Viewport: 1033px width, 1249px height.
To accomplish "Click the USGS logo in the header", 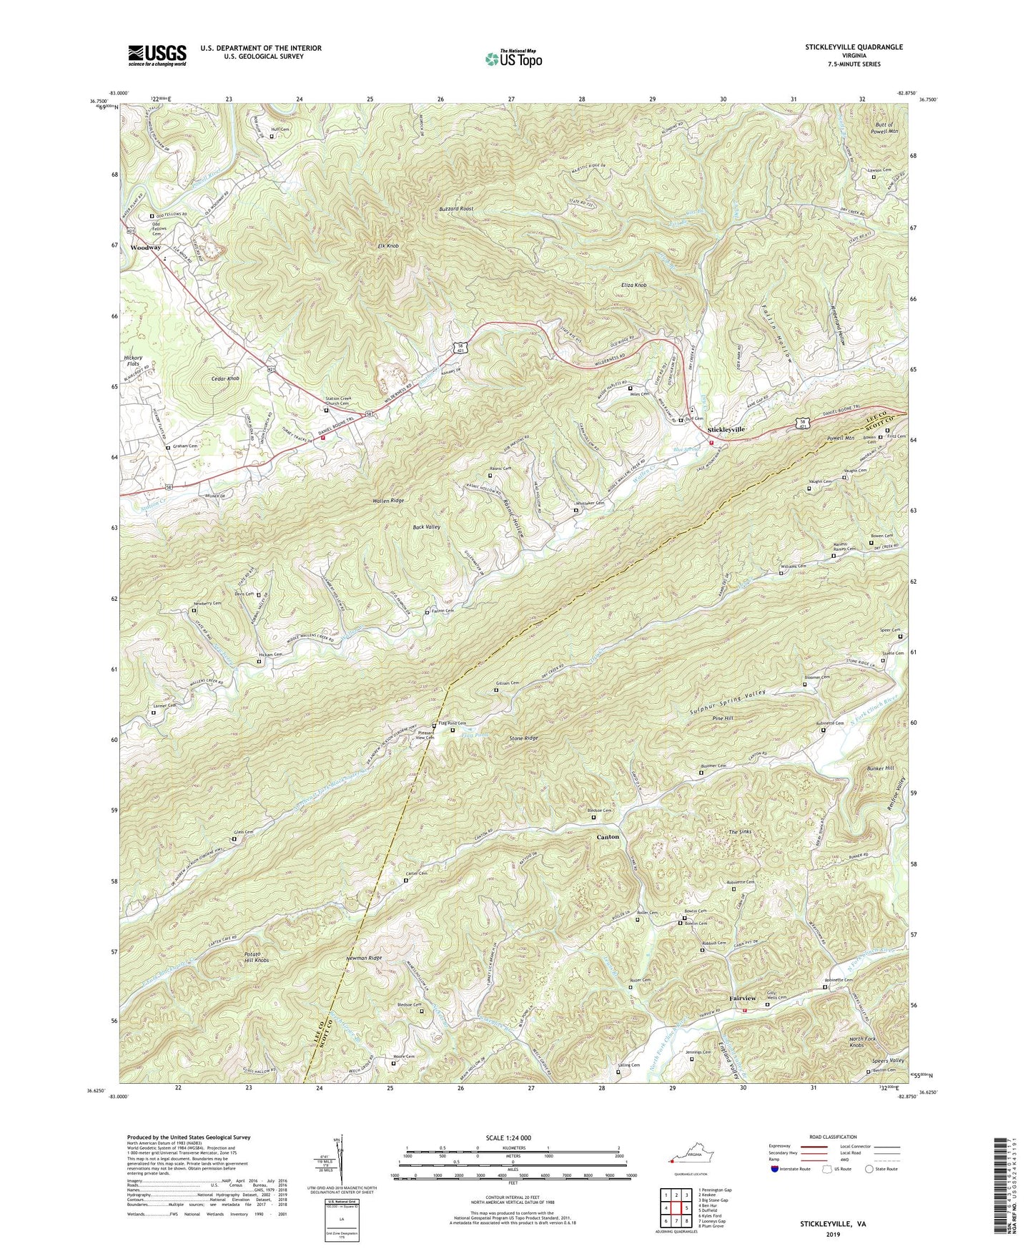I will [x=157, y=55].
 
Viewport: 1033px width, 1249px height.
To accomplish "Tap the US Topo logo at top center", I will [x=513, y=59].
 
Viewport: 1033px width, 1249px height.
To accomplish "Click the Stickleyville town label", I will [x=726, y=429].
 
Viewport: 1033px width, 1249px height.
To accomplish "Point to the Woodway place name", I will [x=145, y=248].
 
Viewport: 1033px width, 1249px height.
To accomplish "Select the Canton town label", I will [x=608, y=836].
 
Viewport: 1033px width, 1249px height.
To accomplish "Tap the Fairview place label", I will [x=742, y=998].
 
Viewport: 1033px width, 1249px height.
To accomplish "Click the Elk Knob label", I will [x=387, y=246].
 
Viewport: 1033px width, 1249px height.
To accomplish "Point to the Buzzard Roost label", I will [x=456, y=209].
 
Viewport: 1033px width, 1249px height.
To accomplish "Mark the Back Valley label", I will [x=427, y=526].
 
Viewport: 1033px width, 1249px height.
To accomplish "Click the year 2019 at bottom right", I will [x=833, y=1234].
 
